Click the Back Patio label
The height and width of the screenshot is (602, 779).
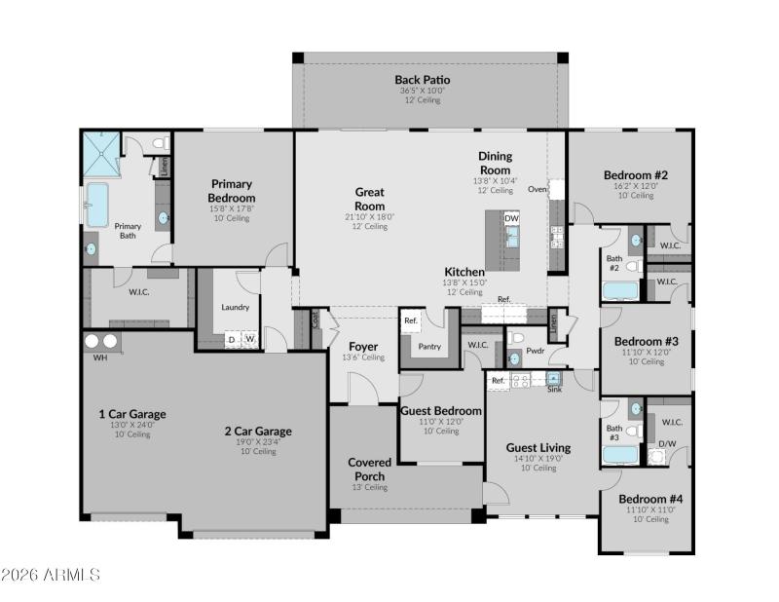[x=423, y=79]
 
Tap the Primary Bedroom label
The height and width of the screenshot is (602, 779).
[x=232, y=190]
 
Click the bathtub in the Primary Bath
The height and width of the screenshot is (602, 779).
[x=97, y=204]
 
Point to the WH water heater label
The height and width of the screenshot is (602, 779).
[x=99, y=358]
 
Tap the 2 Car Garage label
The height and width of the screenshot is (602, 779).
[x=258, y=431]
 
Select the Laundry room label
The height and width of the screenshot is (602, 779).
[x=235, y=307]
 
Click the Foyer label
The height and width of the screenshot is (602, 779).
[x=363, y=346]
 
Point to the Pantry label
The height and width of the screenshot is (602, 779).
[x=428, y=345]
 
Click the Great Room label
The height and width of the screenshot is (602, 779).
[x=369, y=199]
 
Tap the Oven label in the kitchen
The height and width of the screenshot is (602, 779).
[x=537, y=189]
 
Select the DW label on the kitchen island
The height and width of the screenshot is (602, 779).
[x=511, y=218]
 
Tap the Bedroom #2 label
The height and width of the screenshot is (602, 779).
[x=635, y=175]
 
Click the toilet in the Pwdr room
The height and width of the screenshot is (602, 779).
[x=515, y=338]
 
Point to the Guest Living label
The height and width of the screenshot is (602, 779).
[x=538, y=448]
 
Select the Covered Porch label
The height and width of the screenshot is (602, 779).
[x=369, y=469]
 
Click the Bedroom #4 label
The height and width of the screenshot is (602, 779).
[x=650, y=499]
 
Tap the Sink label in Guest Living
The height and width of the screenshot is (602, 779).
[x=554, y=389]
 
